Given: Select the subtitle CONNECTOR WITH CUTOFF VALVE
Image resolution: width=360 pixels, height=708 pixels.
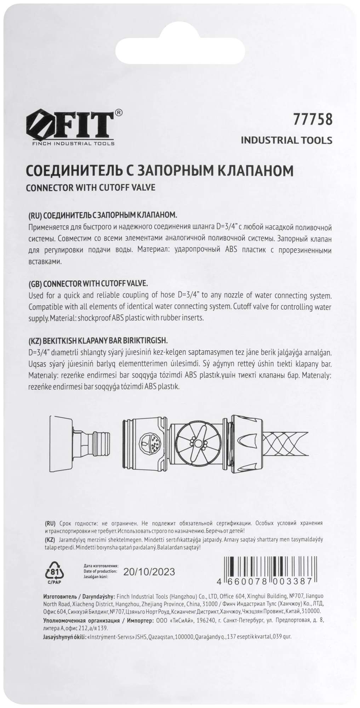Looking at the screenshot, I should tap(91, 187).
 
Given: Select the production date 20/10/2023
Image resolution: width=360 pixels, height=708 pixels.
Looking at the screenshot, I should tap(149, 572).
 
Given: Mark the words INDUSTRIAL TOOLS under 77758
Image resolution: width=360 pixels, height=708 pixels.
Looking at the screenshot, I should tap(286, 140).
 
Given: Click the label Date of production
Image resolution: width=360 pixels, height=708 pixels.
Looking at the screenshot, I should tap(101, 571).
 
